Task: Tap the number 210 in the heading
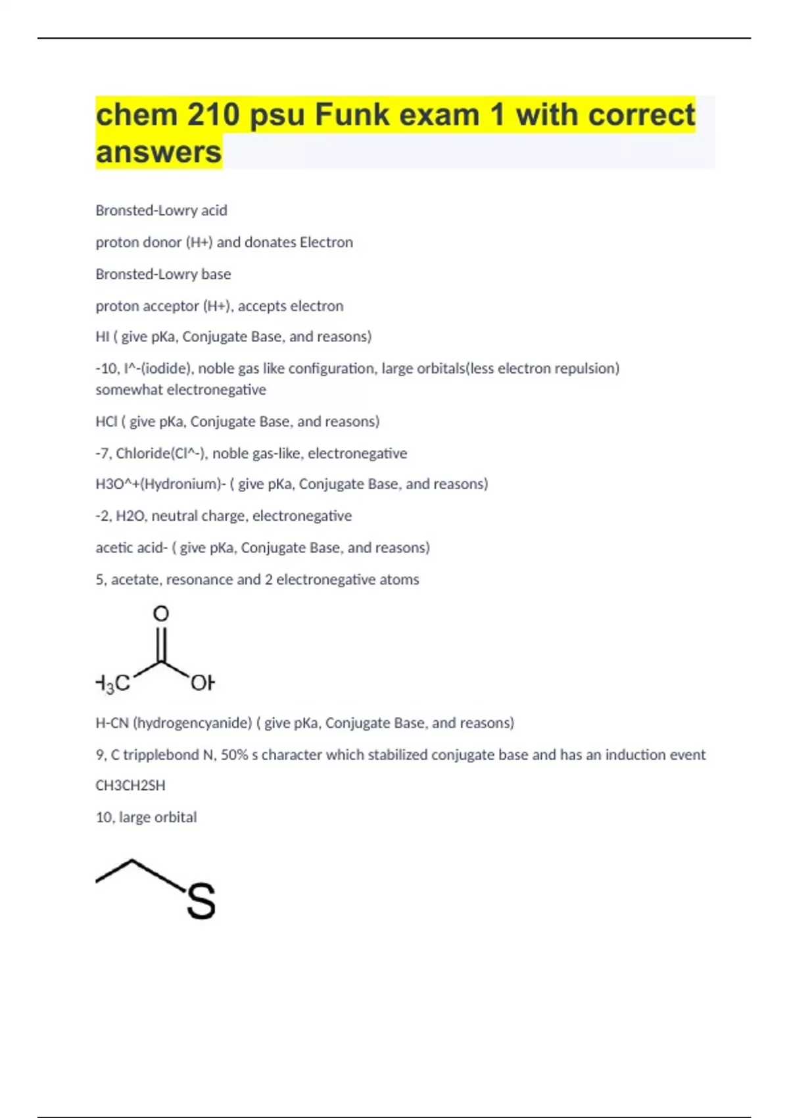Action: [214, 114]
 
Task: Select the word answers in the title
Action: [158, 152]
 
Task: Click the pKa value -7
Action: [103, 454]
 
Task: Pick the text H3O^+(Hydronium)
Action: [158, 485]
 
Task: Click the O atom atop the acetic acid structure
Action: [161, 614]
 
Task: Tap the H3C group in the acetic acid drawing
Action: [112, 684]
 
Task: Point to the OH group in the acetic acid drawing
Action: [202, 684]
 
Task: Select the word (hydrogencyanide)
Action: [193, 723]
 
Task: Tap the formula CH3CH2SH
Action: [130, 786]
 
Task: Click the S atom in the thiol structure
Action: [201, 902]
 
